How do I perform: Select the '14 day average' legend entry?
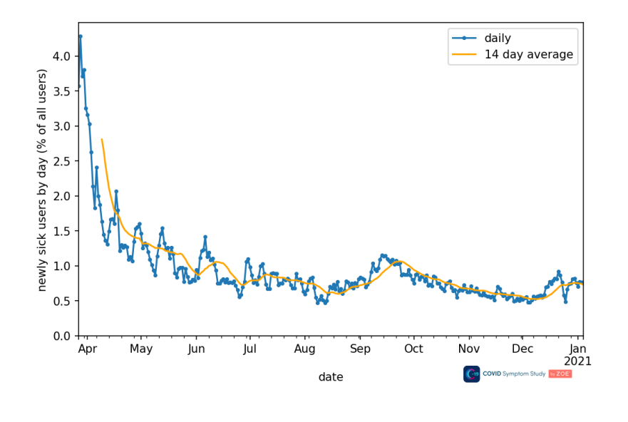pyautogui.click(x=528, y=54)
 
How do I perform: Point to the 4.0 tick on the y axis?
pyautogui.click(x=61, y=56)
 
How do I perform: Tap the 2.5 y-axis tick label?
pyautogui.click(x=61, y=161)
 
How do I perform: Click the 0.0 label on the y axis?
pyautogui.click(x=61, y=336)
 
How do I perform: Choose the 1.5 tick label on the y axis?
pyautogui.click(x=61, y=231)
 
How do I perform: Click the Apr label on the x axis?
pyautogui.click(x=87, y=349)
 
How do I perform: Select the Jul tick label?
pyautogui.click(x=249, y=349)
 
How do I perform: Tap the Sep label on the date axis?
pyautogui.click(x=360, y=349)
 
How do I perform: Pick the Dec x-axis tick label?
pyautogui.click(x=523, y=349)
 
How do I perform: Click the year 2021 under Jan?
pyautogui.click(x=577, y=361)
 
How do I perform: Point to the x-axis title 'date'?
pyautogui.click(x=331, y=377)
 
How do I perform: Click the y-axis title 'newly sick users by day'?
pyautogui.click(x=42, y=180)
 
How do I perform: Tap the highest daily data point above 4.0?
pyautogui.click(x=81, y=36)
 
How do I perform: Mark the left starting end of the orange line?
pyautogui.click(x=102, y=140)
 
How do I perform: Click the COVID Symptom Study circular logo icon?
pyautogui.click(x=471, y=374)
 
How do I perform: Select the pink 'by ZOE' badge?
pyautogui.click(x=560, y=374)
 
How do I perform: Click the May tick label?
pyautogui.click(x=141, y=349)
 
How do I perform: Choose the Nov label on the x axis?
pyautogui.click(x=468, y=349)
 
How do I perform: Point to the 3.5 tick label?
pyautogui.click(x=61, y=91)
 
